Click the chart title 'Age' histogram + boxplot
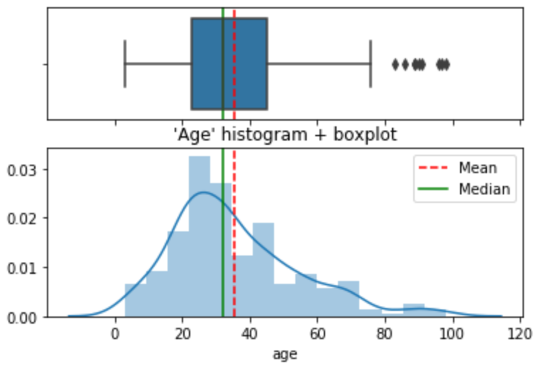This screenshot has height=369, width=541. click(285, 134)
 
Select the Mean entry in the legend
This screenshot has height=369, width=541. click(477, 168)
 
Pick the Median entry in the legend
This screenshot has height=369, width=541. click(484, 189)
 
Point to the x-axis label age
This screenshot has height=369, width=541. click(285, 353)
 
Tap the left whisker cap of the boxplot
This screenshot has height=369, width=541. click(125, 65)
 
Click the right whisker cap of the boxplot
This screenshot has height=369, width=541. click(371, 65)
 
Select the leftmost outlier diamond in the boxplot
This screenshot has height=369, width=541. click(395, 65)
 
